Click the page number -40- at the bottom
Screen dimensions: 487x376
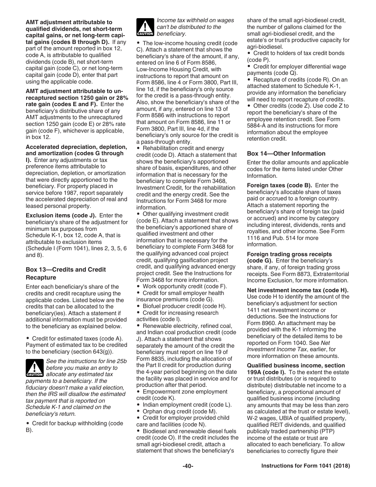(188, 466)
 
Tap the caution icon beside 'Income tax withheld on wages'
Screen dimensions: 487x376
(145, 27)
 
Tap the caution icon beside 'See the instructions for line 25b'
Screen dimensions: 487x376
(34, 368)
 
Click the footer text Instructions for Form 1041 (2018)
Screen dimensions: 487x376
(306, 466)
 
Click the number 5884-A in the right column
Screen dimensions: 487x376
(257, 126)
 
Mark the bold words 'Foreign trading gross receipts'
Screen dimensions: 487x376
(289, 254)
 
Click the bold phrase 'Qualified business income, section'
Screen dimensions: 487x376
(295, 365)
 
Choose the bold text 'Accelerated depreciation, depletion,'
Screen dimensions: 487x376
(76, 147)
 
